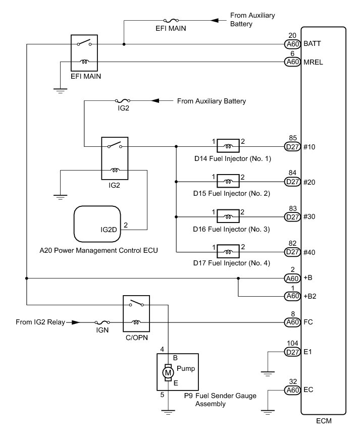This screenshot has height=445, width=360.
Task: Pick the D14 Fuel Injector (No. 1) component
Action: pos(228,147)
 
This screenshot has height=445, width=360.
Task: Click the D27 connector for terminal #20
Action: pos(292,182)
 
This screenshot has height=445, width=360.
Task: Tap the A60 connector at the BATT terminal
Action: pos(292,44)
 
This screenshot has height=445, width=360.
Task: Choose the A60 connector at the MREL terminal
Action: pos(292,62)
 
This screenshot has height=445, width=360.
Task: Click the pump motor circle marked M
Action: pos(168,372)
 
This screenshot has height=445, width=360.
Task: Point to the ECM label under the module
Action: pos(323,420)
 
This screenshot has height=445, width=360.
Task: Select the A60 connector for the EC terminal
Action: pos(292,390)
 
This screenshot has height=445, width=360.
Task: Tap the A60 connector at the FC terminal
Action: pos(292,322)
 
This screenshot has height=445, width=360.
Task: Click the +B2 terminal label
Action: pos(310,296)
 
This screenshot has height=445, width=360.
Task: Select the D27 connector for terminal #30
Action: pos(292,217)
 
